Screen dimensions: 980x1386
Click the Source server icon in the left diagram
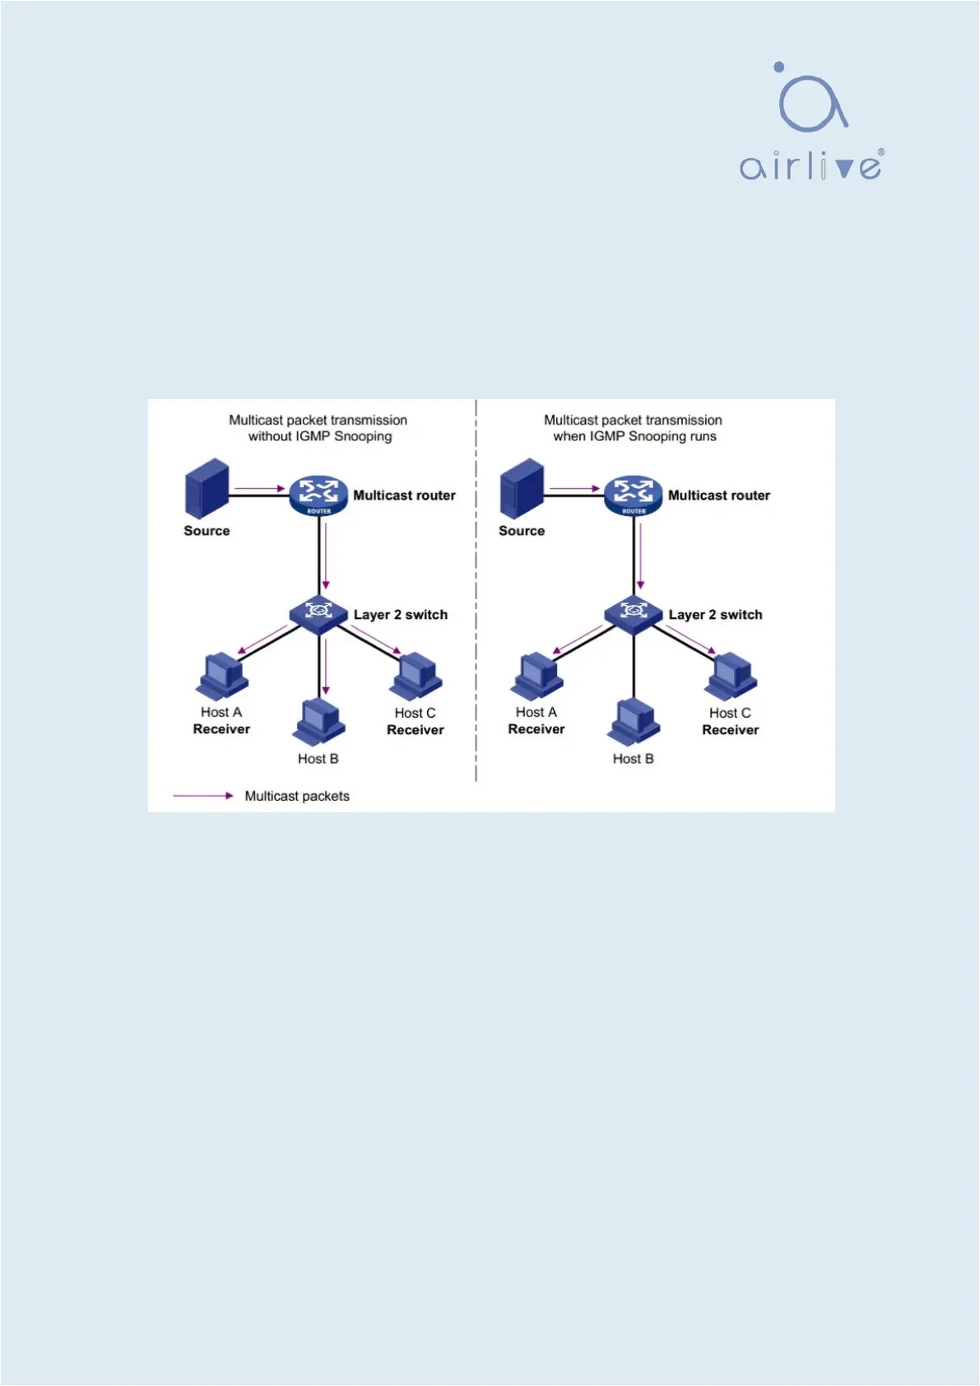pos(207,488)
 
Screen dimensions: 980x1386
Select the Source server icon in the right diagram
pos(522,488)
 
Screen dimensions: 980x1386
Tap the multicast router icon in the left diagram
pos(319,495)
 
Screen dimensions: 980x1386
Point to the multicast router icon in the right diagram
pos(634,495)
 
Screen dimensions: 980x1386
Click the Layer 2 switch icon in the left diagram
pos(318,613)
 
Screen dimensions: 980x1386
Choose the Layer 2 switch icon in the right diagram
pos(634,613)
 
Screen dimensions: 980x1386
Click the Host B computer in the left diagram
pos(319,722)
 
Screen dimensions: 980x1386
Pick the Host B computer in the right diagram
pos(634,722)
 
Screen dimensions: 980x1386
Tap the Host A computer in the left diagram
pos(222,676)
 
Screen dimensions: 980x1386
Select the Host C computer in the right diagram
pos(731,676)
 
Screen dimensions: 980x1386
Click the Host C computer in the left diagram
pos(416,676)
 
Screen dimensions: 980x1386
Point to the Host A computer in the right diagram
pos(537,676)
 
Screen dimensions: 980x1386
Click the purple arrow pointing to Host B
pos(326,667)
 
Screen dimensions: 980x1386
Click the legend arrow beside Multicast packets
pos(202,796)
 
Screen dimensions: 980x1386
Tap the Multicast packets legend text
pos(297,796)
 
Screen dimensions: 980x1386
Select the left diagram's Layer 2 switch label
pos(401,615)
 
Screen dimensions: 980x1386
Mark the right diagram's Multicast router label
pos(719,495)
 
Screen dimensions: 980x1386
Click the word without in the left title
pos(270,436)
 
